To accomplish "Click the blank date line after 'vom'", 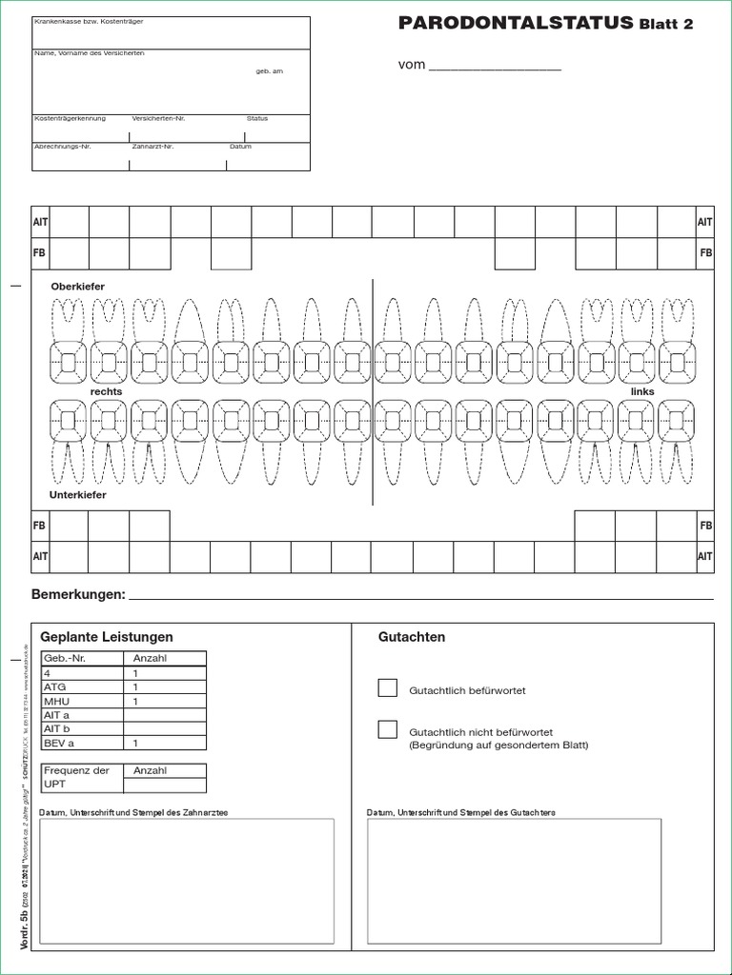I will pos(495,67).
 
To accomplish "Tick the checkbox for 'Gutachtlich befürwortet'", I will pos(388,688).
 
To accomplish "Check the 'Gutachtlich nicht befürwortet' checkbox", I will pos(388,730).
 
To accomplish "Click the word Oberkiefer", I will pos(77,287).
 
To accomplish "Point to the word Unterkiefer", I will pos(78,495).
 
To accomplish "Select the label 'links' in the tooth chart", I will pos(643,391).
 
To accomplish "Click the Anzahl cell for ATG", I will pos(165,686).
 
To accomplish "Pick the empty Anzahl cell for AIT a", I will pos(165,714).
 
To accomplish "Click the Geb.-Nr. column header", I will pos(65,658).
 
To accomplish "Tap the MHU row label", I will pos(56,701).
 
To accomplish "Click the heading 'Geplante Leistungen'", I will pos(107,637).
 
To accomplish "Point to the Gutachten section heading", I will pos(412,637).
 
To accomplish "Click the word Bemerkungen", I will pos(78,595).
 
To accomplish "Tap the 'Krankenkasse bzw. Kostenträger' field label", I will pos(82,21).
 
